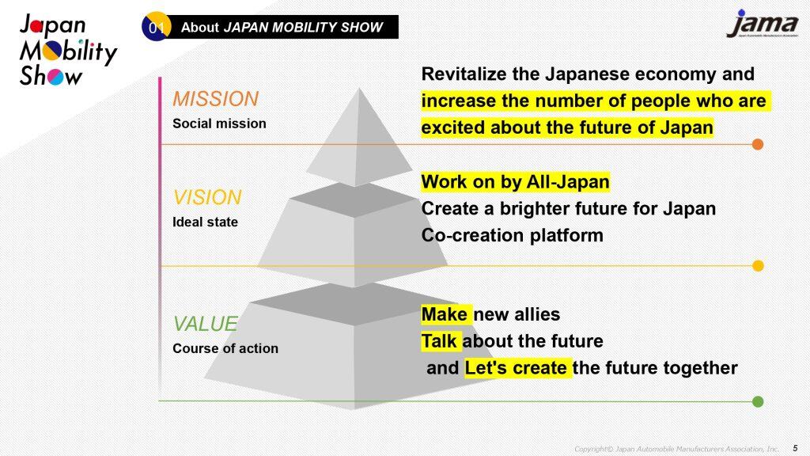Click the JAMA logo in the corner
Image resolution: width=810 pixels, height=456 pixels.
[763, 24]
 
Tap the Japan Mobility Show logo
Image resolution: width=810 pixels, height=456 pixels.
[68, 50]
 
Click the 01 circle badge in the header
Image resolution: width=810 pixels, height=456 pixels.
[156, 26]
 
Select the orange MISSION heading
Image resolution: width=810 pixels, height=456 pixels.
[215, 99]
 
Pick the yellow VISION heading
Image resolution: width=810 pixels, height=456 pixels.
[207, 197]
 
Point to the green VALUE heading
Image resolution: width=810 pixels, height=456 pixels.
[205, 324]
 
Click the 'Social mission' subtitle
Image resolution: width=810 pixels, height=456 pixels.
[220, 123]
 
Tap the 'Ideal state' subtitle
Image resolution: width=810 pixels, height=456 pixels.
[205, 222]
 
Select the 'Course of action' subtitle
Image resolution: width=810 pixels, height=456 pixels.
[225, 348]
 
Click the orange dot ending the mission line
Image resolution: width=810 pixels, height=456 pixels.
[758, 144]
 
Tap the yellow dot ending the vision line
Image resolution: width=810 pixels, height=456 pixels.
[758, 266]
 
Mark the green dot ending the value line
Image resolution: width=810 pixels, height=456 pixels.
[758, 401]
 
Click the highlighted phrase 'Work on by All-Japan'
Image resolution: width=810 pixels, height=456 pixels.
[516, 182]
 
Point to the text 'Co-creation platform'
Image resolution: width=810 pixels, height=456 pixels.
[513, 235]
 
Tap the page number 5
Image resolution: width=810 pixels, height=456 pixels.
[795, 448]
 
